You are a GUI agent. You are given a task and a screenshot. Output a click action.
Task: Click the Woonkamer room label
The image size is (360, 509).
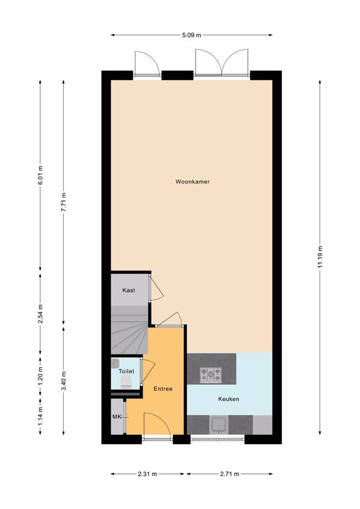point(192,182)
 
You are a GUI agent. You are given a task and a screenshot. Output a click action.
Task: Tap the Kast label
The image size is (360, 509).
point(129,290)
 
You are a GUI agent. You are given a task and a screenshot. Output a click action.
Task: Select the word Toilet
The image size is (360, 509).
point(126,371)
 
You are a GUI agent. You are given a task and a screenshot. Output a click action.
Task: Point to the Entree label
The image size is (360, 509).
point(163,389)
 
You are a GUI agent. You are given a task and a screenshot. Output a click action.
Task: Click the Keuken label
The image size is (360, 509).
point(229,399)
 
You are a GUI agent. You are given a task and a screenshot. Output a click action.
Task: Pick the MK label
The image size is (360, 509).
point(117,417)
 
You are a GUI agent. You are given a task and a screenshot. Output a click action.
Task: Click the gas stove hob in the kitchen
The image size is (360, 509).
point(211,375)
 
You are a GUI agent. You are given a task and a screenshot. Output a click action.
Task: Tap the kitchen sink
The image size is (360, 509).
point(219,425)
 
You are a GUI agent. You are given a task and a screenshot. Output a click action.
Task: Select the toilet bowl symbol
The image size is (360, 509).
point(126,382)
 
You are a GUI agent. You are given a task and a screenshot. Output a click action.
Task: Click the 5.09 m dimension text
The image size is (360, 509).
point(192,35)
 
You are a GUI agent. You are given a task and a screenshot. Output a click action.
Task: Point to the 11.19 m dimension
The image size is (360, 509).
point(320,257)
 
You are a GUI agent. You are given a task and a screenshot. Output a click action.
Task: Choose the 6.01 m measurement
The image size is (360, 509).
point(40,175)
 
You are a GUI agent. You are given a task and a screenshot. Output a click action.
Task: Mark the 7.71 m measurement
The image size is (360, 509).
point(64,202)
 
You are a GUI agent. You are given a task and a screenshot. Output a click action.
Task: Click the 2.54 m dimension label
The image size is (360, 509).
point(40,314)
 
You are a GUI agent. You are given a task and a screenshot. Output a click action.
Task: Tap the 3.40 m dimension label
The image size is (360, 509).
point(64,381)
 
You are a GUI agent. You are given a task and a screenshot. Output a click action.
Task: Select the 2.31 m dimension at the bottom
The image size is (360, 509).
point(147,474)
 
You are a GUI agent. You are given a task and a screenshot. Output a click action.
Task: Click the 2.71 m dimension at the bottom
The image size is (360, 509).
point(229,474)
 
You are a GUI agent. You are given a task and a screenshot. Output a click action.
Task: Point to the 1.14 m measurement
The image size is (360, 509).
point(40,416)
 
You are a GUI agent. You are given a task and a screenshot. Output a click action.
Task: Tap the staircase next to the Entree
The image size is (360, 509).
point(129,330)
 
